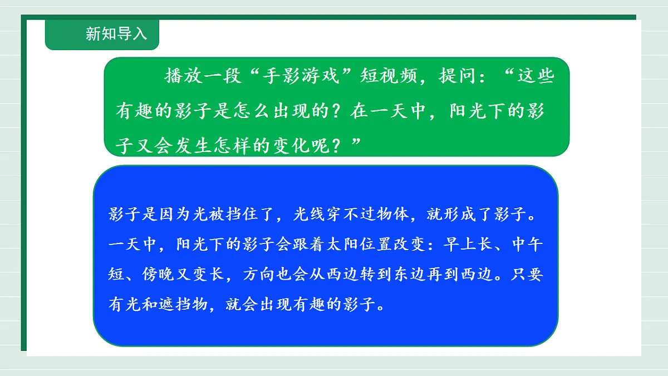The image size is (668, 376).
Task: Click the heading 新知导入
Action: [116, 33]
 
